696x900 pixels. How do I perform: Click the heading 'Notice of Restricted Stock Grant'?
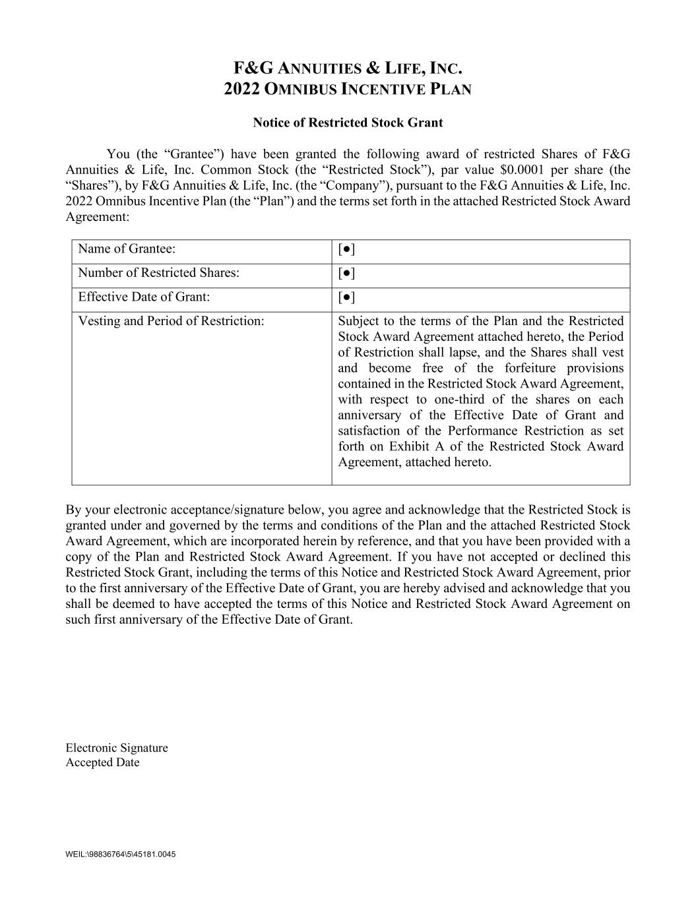[x=348, y=123]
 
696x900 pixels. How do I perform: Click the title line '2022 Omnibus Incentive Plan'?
[x=348, y=89]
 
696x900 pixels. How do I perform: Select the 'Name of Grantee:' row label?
[x=127, y=249]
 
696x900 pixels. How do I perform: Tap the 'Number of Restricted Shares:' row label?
[x=158, y=272]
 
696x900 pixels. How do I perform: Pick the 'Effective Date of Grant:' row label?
[x=144, y=297]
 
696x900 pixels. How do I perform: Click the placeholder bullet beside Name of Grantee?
[x=346, y=249]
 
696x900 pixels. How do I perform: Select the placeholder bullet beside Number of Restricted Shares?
[x=346, y=273]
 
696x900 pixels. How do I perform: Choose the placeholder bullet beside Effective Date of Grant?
[x=346, y=297]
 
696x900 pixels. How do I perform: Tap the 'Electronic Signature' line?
[x=117, y=748]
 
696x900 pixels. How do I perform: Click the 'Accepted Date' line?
[x=102, y=762]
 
